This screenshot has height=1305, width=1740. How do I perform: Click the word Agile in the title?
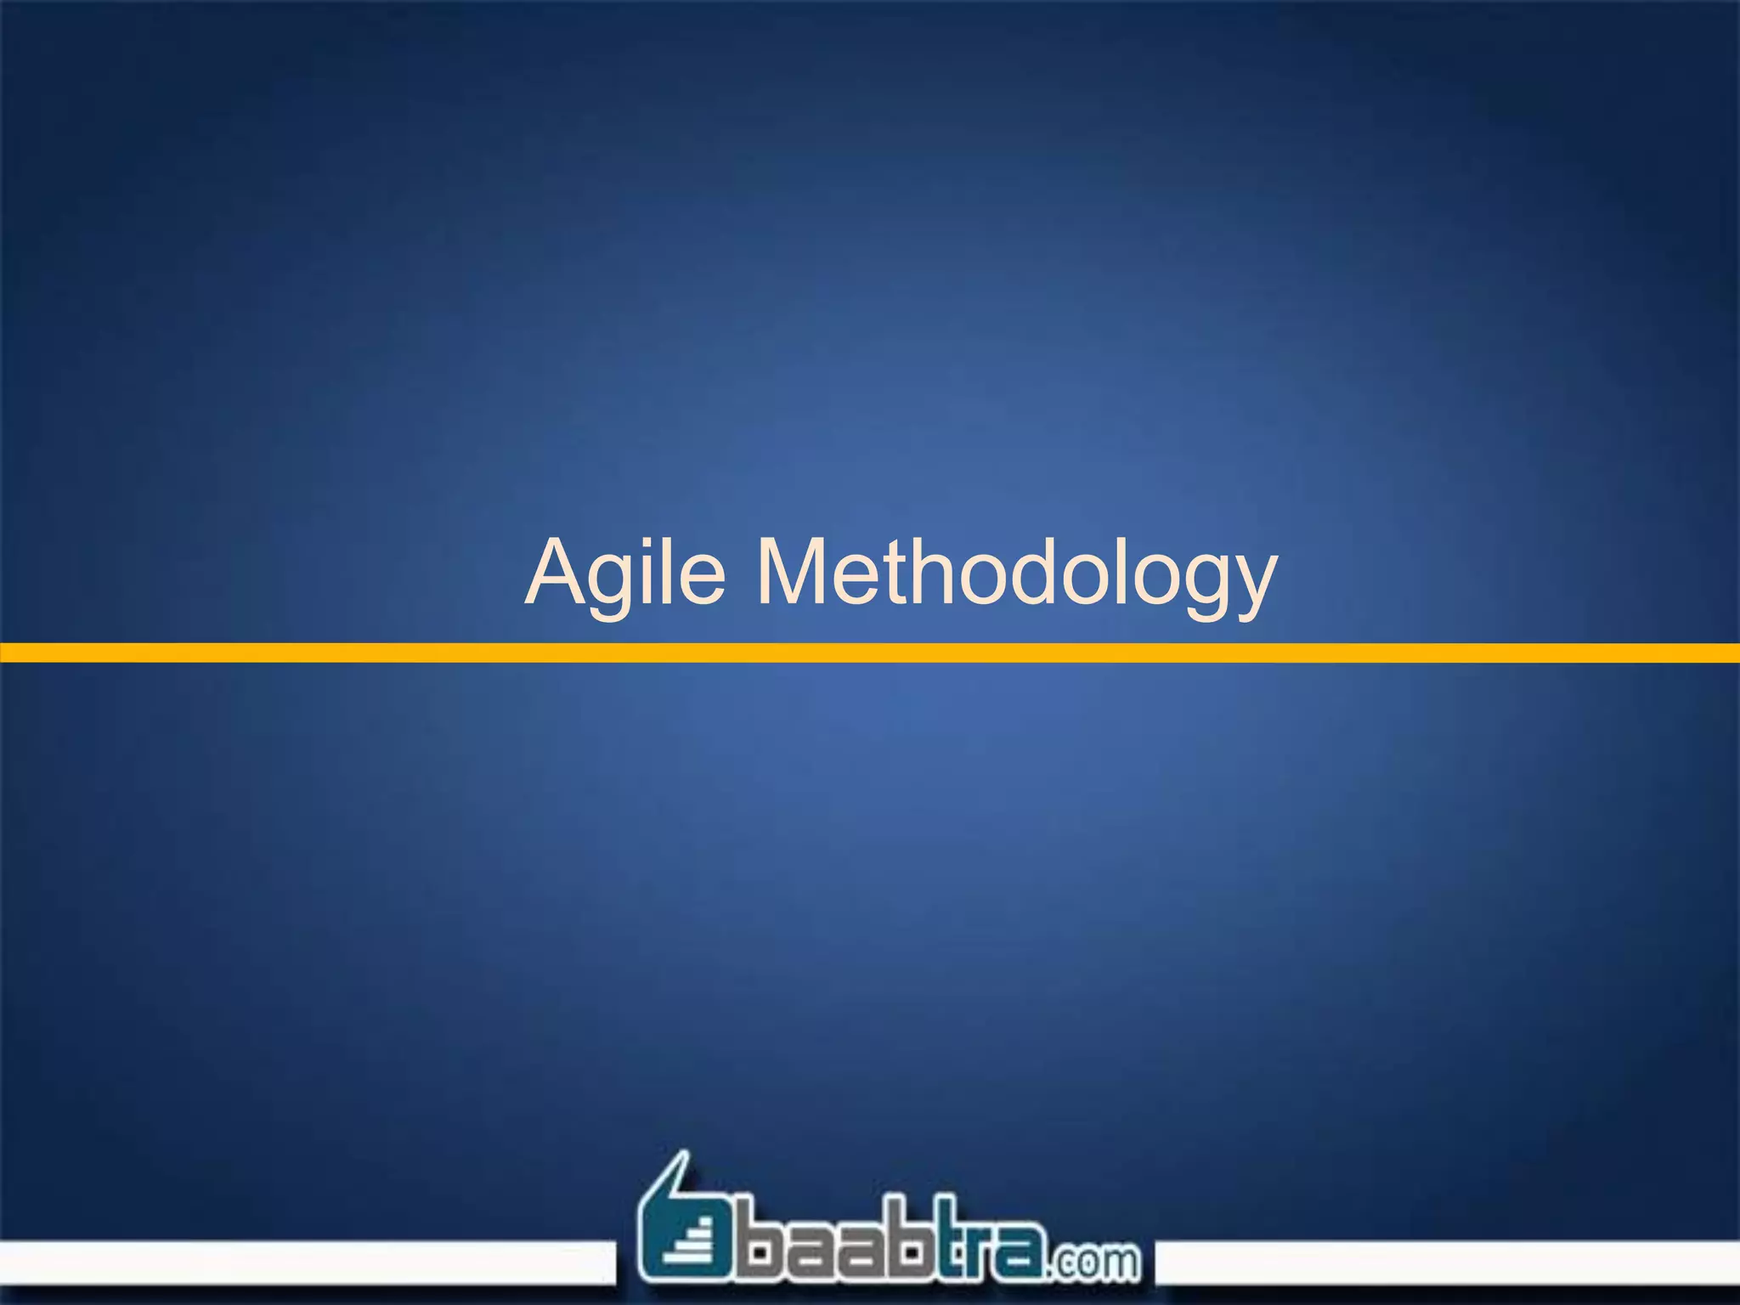tap(626, 574)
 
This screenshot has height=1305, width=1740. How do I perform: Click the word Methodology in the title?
tap(1016, 574)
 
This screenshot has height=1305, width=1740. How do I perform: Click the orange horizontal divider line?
tap(870, 652)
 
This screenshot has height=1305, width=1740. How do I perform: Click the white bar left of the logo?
tap(306, 1263)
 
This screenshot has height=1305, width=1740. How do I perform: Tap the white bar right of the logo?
tap(1444, 1263)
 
